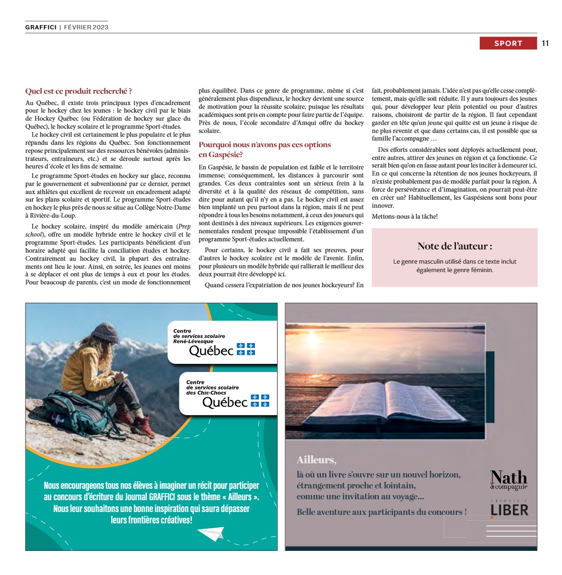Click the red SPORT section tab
point(508,43)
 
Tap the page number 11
point(545,43)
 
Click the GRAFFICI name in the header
point(41,27)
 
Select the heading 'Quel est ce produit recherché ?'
point(79,91)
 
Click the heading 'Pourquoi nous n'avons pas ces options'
point(264,145)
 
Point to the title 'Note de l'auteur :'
point(454,246)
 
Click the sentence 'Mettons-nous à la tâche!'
point(404,216)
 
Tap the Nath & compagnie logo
point(509,479)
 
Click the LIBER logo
point(509,509)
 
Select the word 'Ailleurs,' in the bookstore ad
point(316,460)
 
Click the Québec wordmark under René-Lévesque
point(211,351)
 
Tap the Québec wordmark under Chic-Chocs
point(225,402)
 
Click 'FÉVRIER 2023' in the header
point(86,27)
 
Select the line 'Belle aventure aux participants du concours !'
point(381,512)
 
